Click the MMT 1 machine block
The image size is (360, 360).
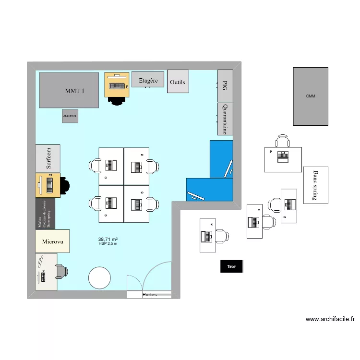pos(69,90)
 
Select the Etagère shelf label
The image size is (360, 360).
pos(148,80)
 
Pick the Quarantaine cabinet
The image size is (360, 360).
pos(225,119)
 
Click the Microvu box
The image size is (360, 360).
pos(53,241)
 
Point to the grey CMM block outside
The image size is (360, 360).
pos(311,96)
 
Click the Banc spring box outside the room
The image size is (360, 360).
pos(315,185)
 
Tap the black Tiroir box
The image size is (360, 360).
pos(231,267)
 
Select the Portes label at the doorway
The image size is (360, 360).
pos(149,295)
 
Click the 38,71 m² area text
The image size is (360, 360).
pos(108,239)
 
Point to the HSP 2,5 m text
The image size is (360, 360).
pos(108,244)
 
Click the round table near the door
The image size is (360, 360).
pos(99,278)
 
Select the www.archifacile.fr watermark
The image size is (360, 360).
pos(330,319)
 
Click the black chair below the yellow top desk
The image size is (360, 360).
pos(116,99)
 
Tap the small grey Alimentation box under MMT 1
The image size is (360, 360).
pos(70,116)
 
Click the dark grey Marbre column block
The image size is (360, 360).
pos(46,213)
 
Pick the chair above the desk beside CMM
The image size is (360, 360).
pos(283,141)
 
